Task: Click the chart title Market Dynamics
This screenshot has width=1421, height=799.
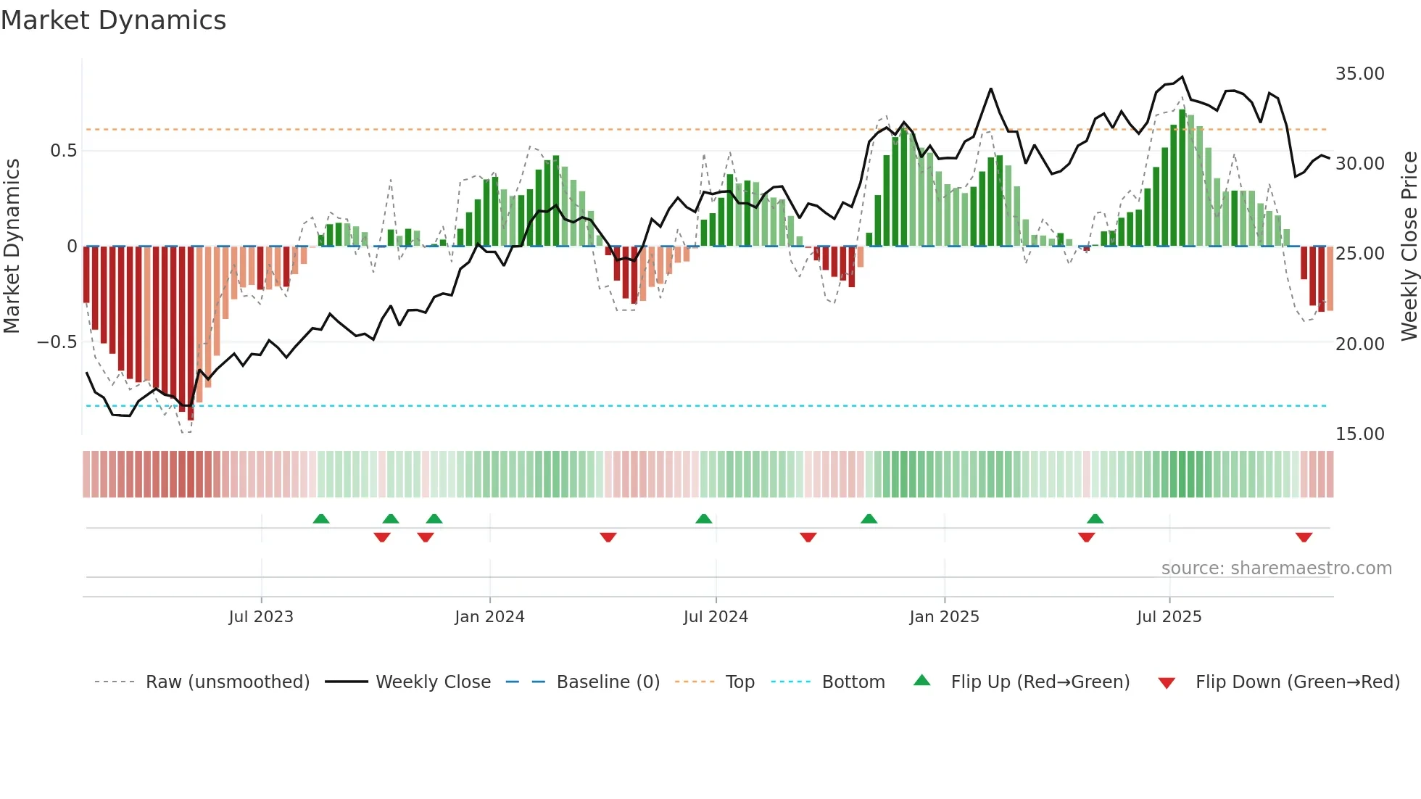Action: click(x=113, y=20)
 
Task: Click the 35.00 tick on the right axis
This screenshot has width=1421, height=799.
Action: click(x=1359, y=74)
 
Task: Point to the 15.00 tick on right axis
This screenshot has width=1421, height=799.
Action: click(x=1359, y=434)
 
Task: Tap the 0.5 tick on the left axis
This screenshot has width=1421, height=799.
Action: click(x=63, y=151)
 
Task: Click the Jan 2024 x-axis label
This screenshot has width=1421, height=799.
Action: click(x=489, y=617)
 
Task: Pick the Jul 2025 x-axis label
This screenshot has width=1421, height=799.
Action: click(x=1169, y=617)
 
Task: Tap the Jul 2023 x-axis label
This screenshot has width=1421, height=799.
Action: click(x=261, y=617)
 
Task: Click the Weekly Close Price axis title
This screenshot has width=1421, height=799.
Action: click(x=1409, y=247)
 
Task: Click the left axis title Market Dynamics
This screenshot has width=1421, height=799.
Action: click(x=12, y=247)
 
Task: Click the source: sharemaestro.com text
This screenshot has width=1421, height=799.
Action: click(x=1276, y=568)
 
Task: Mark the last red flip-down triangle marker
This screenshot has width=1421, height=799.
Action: click(x=1304, y=537)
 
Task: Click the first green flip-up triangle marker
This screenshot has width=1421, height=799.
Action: click(x=321, y=518)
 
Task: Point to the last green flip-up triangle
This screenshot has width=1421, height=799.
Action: click(x=1095, y=518)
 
